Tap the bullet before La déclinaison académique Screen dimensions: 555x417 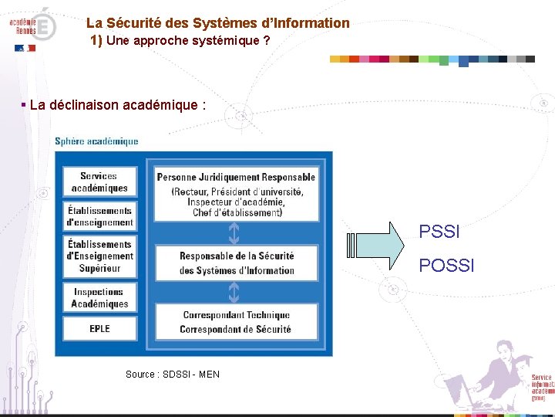[24, 104]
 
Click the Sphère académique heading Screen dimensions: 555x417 [96, 141]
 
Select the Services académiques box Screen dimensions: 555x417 [99, 182]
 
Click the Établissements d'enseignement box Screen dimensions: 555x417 [99, 216]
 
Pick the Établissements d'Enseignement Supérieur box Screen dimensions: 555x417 [99, 256]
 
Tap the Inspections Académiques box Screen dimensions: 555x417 [99, 298]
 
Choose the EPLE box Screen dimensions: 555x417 [99, 329]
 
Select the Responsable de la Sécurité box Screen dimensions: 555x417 [236, 263]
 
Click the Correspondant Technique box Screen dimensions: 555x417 [236, 322]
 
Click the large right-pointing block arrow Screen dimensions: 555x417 [376, 246]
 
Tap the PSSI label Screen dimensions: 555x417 [439, 232]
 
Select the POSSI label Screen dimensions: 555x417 [446, 266]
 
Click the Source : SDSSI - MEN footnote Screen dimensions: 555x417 [172, 375]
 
